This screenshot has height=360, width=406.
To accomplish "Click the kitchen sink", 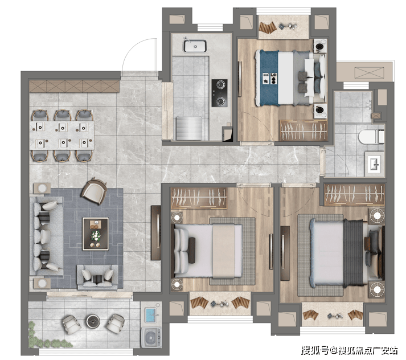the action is [195, 46].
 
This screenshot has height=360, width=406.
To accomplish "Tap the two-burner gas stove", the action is [220, 93].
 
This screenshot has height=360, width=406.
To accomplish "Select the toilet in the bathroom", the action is [372, 137].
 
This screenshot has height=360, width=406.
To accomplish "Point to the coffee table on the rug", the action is [95, 234].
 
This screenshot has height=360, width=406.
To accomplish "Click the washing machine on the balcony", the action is [151, 337].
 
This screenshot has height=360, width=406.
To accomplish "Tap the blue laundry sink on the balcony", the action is [151, 314].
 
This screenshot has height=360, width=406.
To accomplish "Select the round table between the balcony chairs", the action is [93, 321].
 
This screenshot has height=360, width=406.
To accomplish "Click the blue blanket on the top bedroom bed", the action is [269, 78].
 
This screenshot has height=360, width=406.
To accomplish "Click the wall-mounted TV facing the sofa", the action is [156, 232].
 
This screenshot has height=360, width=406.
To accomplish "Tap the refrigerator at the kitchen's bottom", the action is [188, 128].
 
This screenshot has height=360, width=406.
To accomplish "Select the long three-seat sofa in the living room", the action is [46, 236].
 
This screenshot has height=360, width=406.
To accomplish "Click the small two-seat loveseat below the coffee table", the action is [97, 277].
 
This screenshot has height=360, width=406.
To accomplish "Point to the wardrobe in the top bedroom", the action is [303, 130].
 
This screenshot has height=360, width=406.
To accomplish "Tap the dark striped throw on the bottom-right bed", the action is [354, 253].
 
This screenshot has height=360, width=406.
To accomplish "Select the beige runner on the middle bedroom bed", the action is [224, 251].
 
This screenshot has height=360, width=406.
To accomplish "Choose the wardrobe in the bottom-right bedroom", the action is [355, 194].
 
